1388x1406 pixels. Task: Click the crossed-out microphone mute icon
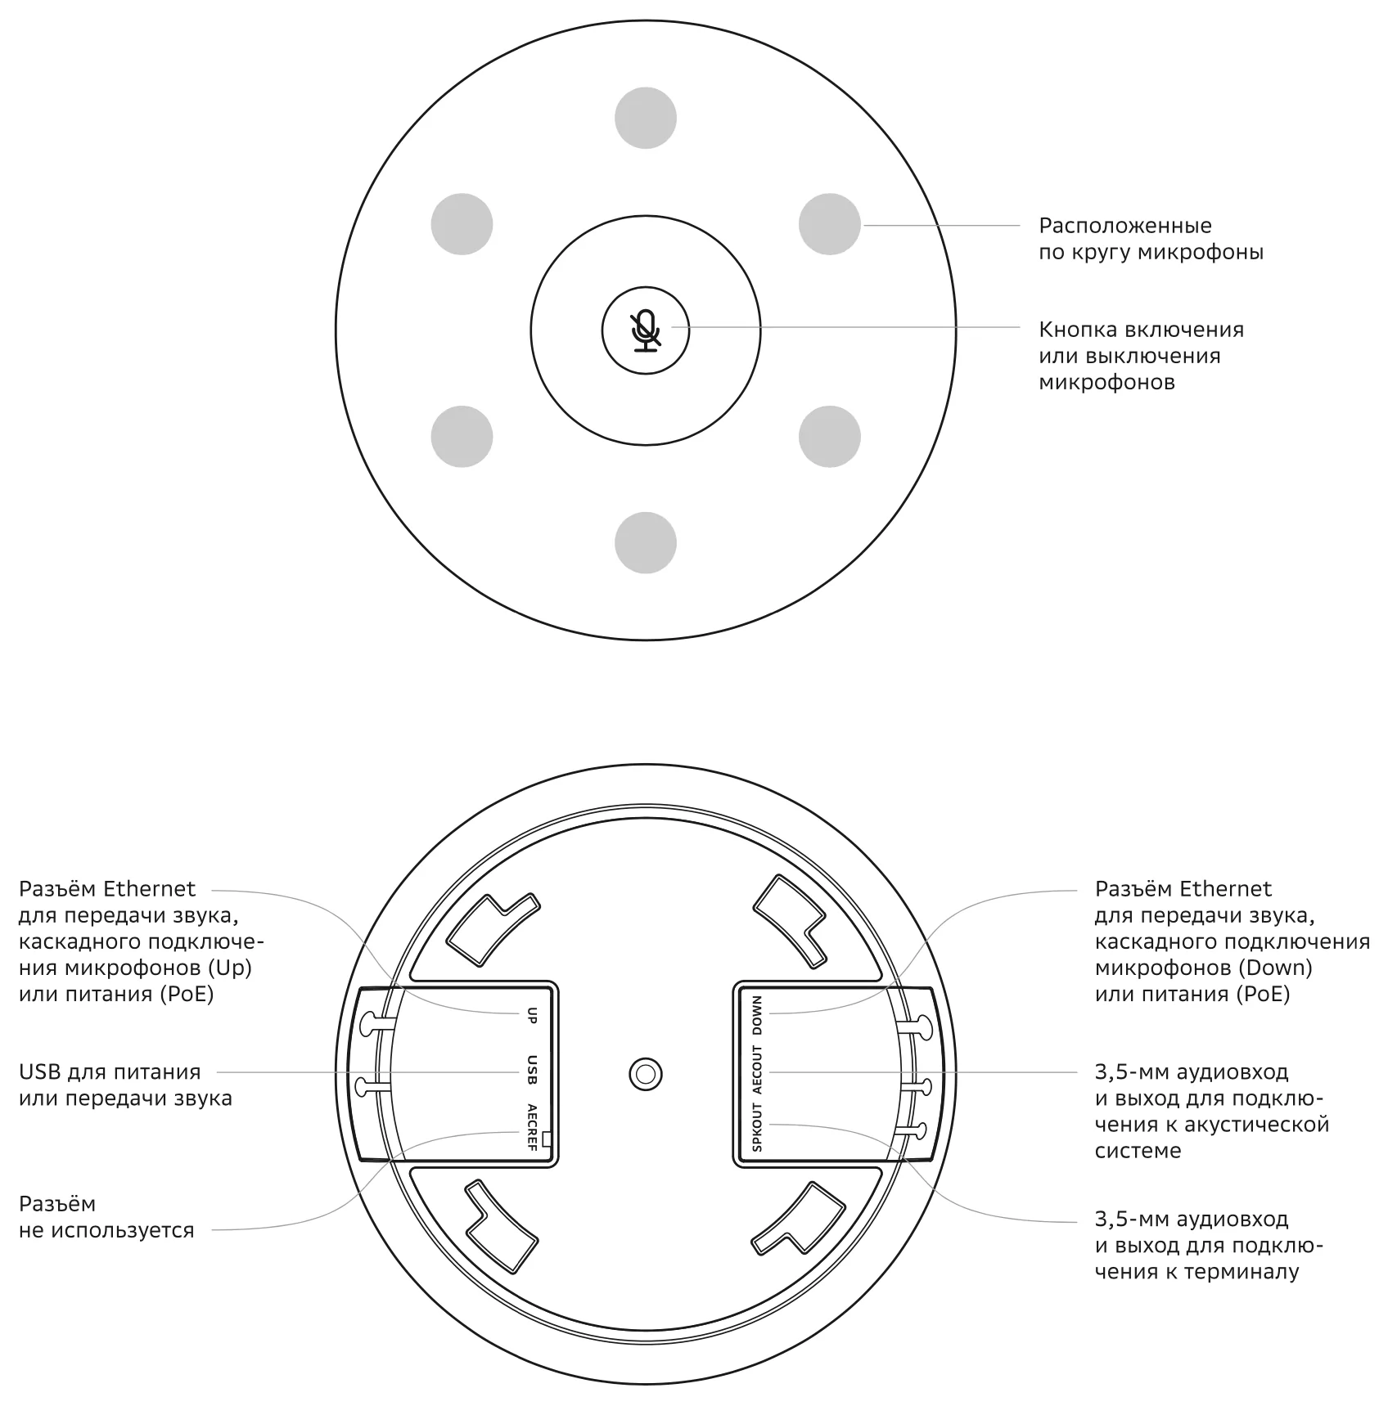[x=646, y=330]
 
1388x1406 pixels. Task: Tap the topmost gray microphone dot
[x=646, y=118]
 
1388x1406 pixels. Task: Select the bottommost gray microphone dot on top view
[x=646, y=543]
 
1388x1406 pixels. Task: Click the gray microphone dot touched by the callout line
[x=830, y=224]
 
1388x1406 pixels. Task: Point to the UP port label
[x=532, y=1015]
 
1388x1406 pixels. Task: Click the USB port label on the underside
[x=532, y=1070]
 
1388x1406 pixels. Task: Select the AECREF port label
[x=532, y=1127]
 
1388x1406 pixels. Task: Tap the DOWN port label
[x=757, y=1015]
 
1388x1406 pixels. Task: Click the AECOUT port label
[x=757, y=1069]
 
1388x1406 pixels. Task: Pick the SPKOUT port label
[x=757, y=1127]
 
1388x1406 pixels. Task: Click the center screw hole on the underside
[x=646, y=1073]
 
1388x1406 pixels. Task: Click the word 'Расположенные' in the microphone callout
[x=1125, y=226]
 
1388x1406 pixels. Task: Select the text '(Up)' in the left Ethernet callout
[x=230, y=968]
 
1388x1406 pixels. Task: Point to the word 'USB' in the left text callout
[x=40, y=1071]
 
